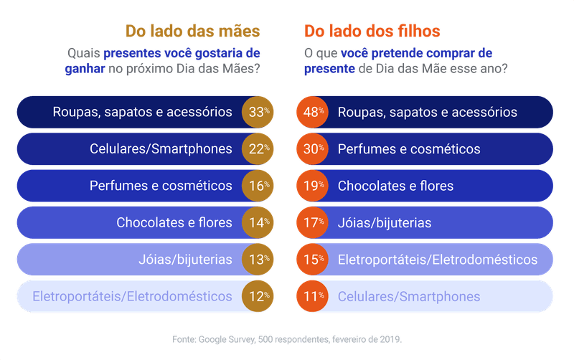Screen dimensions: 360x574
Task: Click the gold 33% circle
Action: pos(258,112)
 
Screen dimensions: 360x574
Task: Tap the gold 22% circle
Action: pos(258,149)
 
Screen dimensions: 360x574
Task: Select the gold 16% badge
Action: pos(258,186)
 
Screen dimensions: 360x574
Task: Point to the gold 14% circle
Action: pos(258,222)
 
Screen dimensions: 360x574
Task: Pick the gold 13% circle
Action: pos(258,260)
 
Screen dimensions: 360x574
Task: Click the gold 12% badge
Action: pos(258,296)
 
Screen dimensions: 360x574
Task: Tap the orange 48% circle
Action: pos(312,112)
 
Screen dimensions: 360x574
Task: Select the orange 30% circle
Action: pos(312,149)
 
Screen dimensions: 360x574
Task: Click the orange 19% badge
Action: pos(312,186)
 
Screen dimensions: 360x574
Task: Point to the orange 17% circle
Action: pos(312,222)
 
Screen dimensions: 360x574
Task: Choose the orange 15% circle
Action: pos(312,260)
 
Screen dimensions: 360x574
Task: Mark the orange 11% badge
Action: pos(312,296)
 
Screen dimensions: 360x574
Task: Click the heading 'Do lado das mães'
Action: pos(192,32)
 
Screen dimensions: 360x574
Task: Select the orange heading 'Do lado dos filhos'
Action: pos(372,32)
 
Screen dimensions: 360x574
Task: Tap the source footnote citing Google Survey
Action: pos(287,338)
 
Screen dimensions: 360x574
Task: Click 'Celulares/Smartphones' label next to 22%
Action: pos(161,149)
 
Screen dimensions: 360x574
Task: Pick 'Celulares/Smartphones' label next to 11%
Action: pos(409,296)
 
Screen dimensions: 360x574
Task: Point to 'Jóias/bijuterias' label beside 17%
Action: pos(385,222)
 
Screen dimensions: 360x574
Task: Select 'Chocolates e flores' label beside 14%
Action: pos(174,222)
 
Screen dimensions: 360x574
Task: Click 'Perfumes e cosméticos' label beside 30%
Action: pos(409,149)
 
